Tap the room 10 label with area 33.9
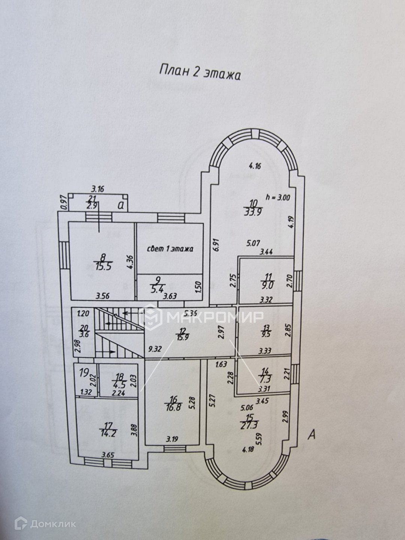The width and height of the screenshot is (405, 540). tap(254, 208)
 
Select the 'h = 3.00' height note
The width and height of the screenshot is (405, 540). tap(277, 196)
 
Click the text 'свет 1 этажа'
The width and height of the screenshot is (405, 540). tap(170, 249)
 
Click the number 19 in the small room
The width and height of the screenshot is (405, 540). tap(84, 373)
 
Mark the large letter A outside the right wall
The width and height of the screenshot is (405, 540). tap(311, 435)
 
